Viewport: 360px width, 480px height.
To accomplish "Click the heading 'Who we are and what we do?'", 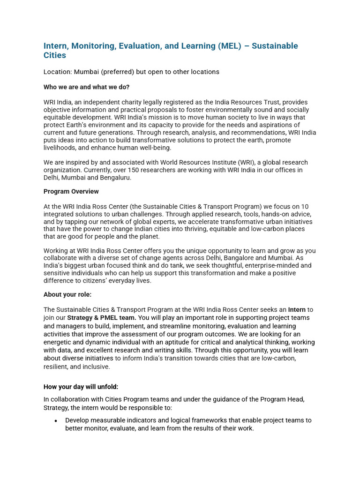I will tap(86, 87).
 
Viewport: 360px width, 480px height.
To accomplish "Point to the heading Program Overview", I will tap(71, 192).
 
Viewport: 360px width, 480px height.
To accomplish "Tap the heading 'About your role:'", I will tap(67, 294).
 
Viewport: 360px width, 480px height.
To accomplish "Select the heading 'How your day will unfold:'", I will tap(81, 387).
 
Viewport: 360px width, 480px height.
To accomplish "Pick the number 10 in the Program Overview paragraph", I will tap(305, 207).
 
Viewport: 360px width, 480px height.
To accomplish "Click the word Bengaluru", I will tap(115, 177).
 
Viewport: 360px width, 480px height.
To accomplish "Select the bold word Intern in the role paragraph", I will tap(297, 310).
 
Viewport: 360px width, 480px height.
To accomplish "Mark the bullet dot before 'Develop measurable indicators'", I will tap(56, 421).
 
